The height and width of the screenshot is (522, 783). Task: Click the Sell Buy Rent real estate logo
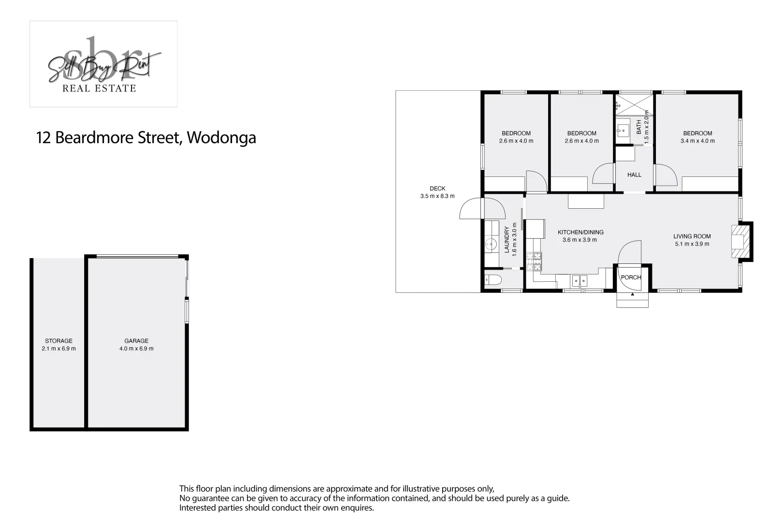point(103,64)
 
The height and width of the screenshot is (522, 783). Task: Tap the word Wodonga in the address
point(221,138)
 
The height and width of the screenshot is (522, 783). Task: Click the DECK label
point(437,188)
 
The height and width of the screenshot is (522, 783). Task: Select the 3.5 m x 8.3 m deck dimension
point(437,196)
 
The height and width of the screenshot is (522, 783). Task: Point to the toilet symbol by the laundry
point(493,280)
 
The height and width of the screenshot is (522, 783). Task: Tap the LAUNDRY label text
point(507,239)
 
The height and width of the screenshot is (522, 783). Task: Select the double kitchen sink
point(579,281)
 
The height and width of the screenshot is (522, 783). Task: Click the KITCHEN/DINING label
point(580,232)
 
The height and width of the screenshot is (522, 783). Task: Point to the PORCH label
point(631,277)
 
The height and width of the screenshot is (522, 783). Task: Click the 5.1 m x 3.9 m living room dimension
point(692,244)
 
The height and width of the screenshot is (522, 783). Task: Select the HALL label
point(634,175)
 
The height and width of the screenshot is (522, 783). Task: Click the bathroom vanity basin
point(623,130)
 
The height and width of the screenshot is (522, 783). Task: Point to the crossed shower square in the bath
point(634,105)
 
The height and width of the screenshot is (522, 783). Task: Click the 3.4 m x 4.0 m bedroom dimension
point(697,141)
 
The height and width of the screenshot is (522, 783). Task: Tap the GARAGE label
point(136,341)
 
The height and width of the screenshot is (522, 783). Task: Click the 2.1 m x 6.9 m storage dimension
point(59,348)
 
